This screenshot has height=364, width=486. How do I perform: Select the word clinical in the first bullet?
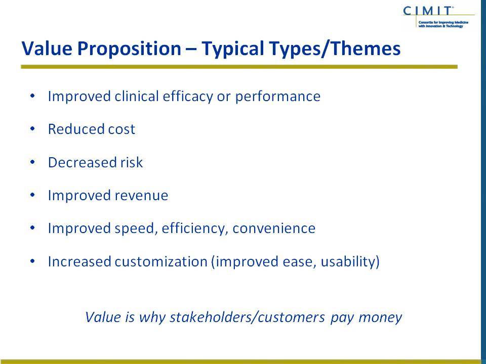137,96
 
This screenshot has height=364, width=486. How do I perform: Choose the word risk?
132,162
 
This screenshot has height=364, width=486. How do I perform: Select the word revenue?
141,196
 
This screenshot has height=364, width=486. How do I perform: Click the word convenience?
274,229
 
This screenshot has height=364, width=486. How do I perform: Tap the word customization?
161,261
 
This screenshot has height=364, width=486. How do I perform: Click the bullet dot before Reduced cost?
32,129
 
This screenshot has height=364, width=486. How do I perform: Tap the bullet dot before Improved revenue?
32,195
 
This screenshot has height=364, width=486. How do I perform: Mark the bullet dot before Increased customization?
32,261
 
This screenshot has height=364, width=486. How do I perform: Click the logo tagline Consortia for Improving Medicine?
443,23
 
